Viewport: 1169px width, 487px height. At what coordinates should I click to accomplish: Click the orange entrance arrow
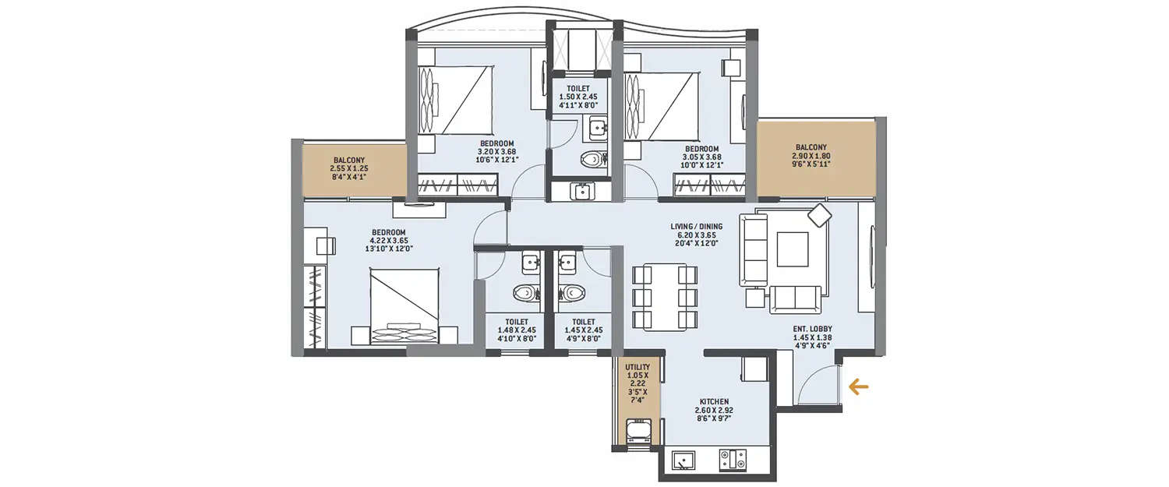click(859, 386)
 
